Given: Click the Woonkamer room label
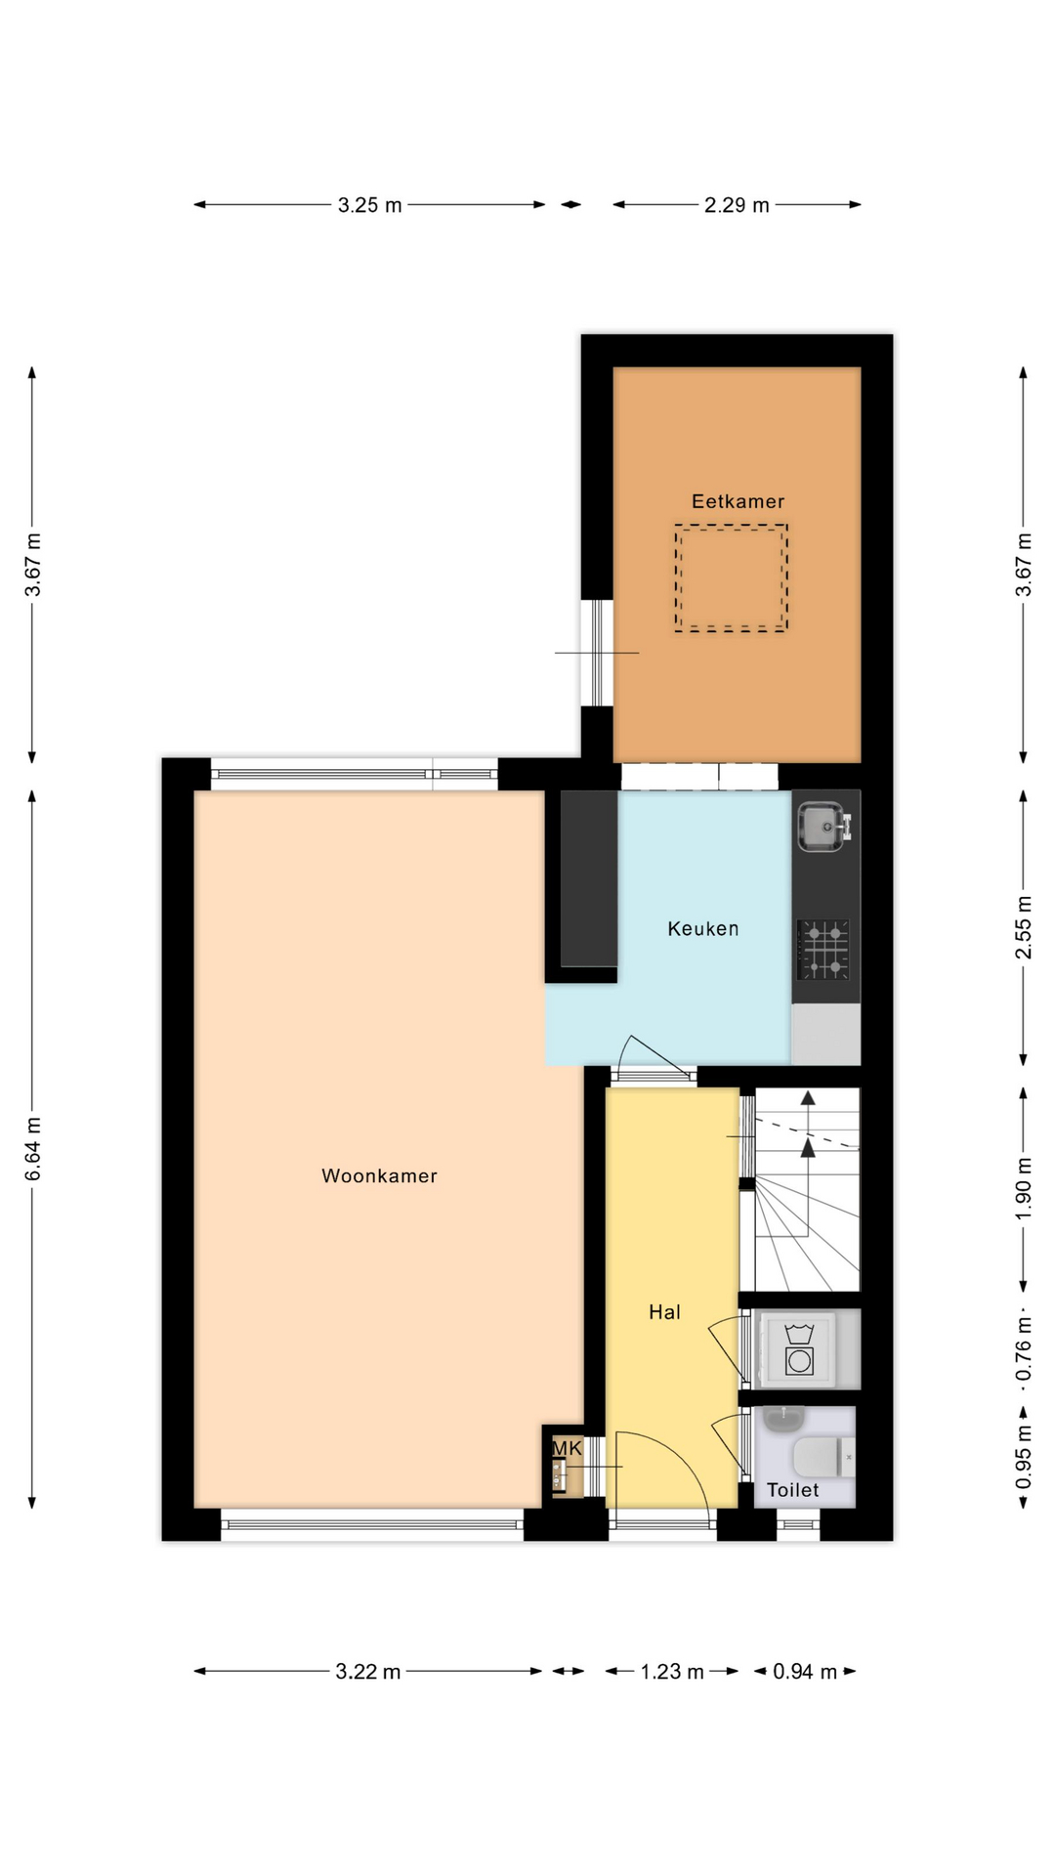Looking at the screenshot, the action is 379,1175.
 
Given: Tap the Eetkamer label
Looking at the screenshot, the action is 738,501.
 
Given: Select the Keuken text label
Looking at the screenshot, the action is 703,928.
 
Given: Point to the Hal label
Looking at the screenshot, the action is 664,1312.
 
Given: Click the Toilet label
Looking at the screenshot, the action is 793,1490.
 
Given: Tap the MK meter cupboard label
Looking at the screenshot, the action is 568,1448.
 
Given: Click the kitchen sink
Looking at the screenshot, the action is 823,826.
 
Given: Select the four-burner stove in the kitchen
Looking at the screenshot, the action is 823,950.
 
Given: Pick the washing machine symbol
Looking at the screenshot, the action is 800,1348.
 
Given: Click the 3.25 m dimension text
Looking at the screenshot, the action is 370,205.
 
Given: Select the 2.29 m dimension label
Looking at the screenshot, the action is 737,205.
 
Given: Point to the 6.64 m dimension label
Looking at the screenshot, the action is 33,1148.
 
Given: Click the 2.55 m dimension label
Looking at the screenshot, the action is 1023,927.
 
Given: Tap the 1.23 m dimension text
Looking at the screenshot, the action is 672,1672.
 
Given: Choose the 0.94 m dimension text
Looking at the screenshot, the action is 805,1672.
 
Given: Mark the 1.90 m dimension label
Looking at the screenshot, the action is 1023,1188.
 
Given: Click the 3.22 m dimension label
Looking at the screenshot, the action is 368,1672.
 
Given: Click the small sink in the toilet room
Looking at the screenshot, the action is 781,1419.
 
